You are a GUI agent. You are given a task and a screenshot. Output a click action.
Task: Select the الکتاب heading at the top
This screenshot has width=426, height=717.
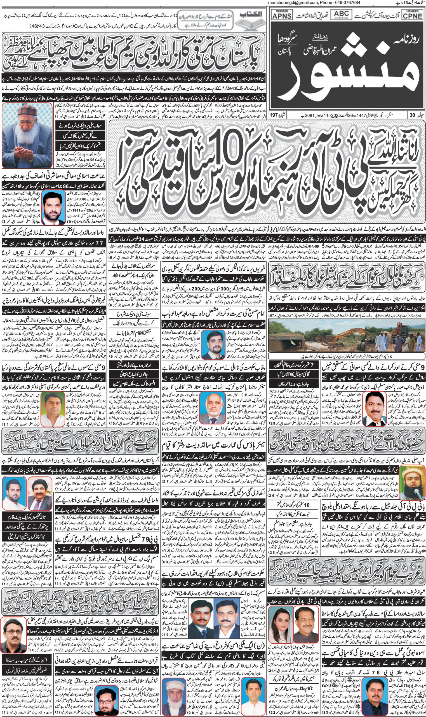250,14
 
